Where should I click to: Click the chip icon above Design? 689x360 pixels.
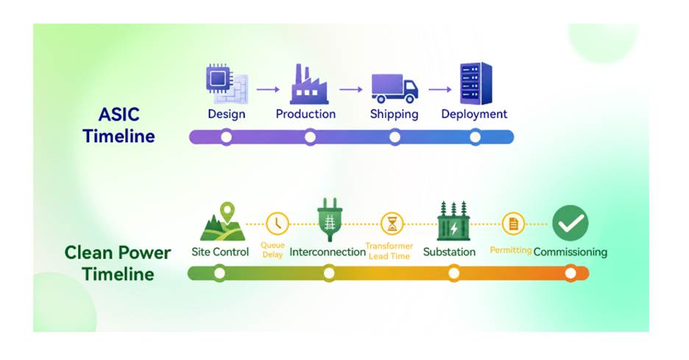pos(227,83)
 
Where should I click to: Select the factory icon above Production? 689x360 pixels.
pos(308,85)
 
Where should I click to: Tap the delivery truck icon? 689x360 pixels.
pos(394,88)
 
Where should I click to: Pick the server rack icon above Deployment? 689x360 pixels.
pos(476,83)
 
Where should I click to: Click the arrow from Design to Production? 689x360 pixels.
pos(268,90)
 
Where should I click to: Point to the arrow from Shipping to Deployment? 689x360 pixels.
pos(440,90)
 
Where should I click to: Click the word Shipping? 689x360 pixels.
pos(394,114)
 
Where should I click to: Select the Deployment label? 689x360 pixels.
pos(474,114)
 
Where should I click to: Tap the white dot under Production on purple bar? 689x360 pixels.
pos(310,138)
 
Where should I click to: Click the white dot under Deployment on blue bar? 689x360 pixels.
pos(476,138)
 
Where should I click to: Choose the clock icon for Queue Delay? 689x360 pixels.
pos(278,224)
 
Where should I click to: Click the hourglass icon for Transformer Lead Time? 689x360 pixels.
pos(392,224)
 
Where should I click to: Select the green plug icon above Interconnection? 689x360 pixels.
pos(330,219)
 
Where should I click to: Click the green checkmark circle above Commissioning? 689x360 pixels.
pos(570,223)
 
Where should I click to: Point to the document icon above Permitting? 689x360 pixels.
pos(513,224)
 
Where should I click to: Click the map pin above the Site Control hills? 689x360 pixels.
pos(227,212)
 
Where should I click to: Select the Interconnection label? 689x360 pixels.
pos(328,253)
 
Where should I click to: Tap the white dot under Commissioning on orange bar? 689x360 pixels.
pos(570,273)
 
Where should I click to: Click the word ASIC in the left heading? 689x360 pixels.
pos(119,115)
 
